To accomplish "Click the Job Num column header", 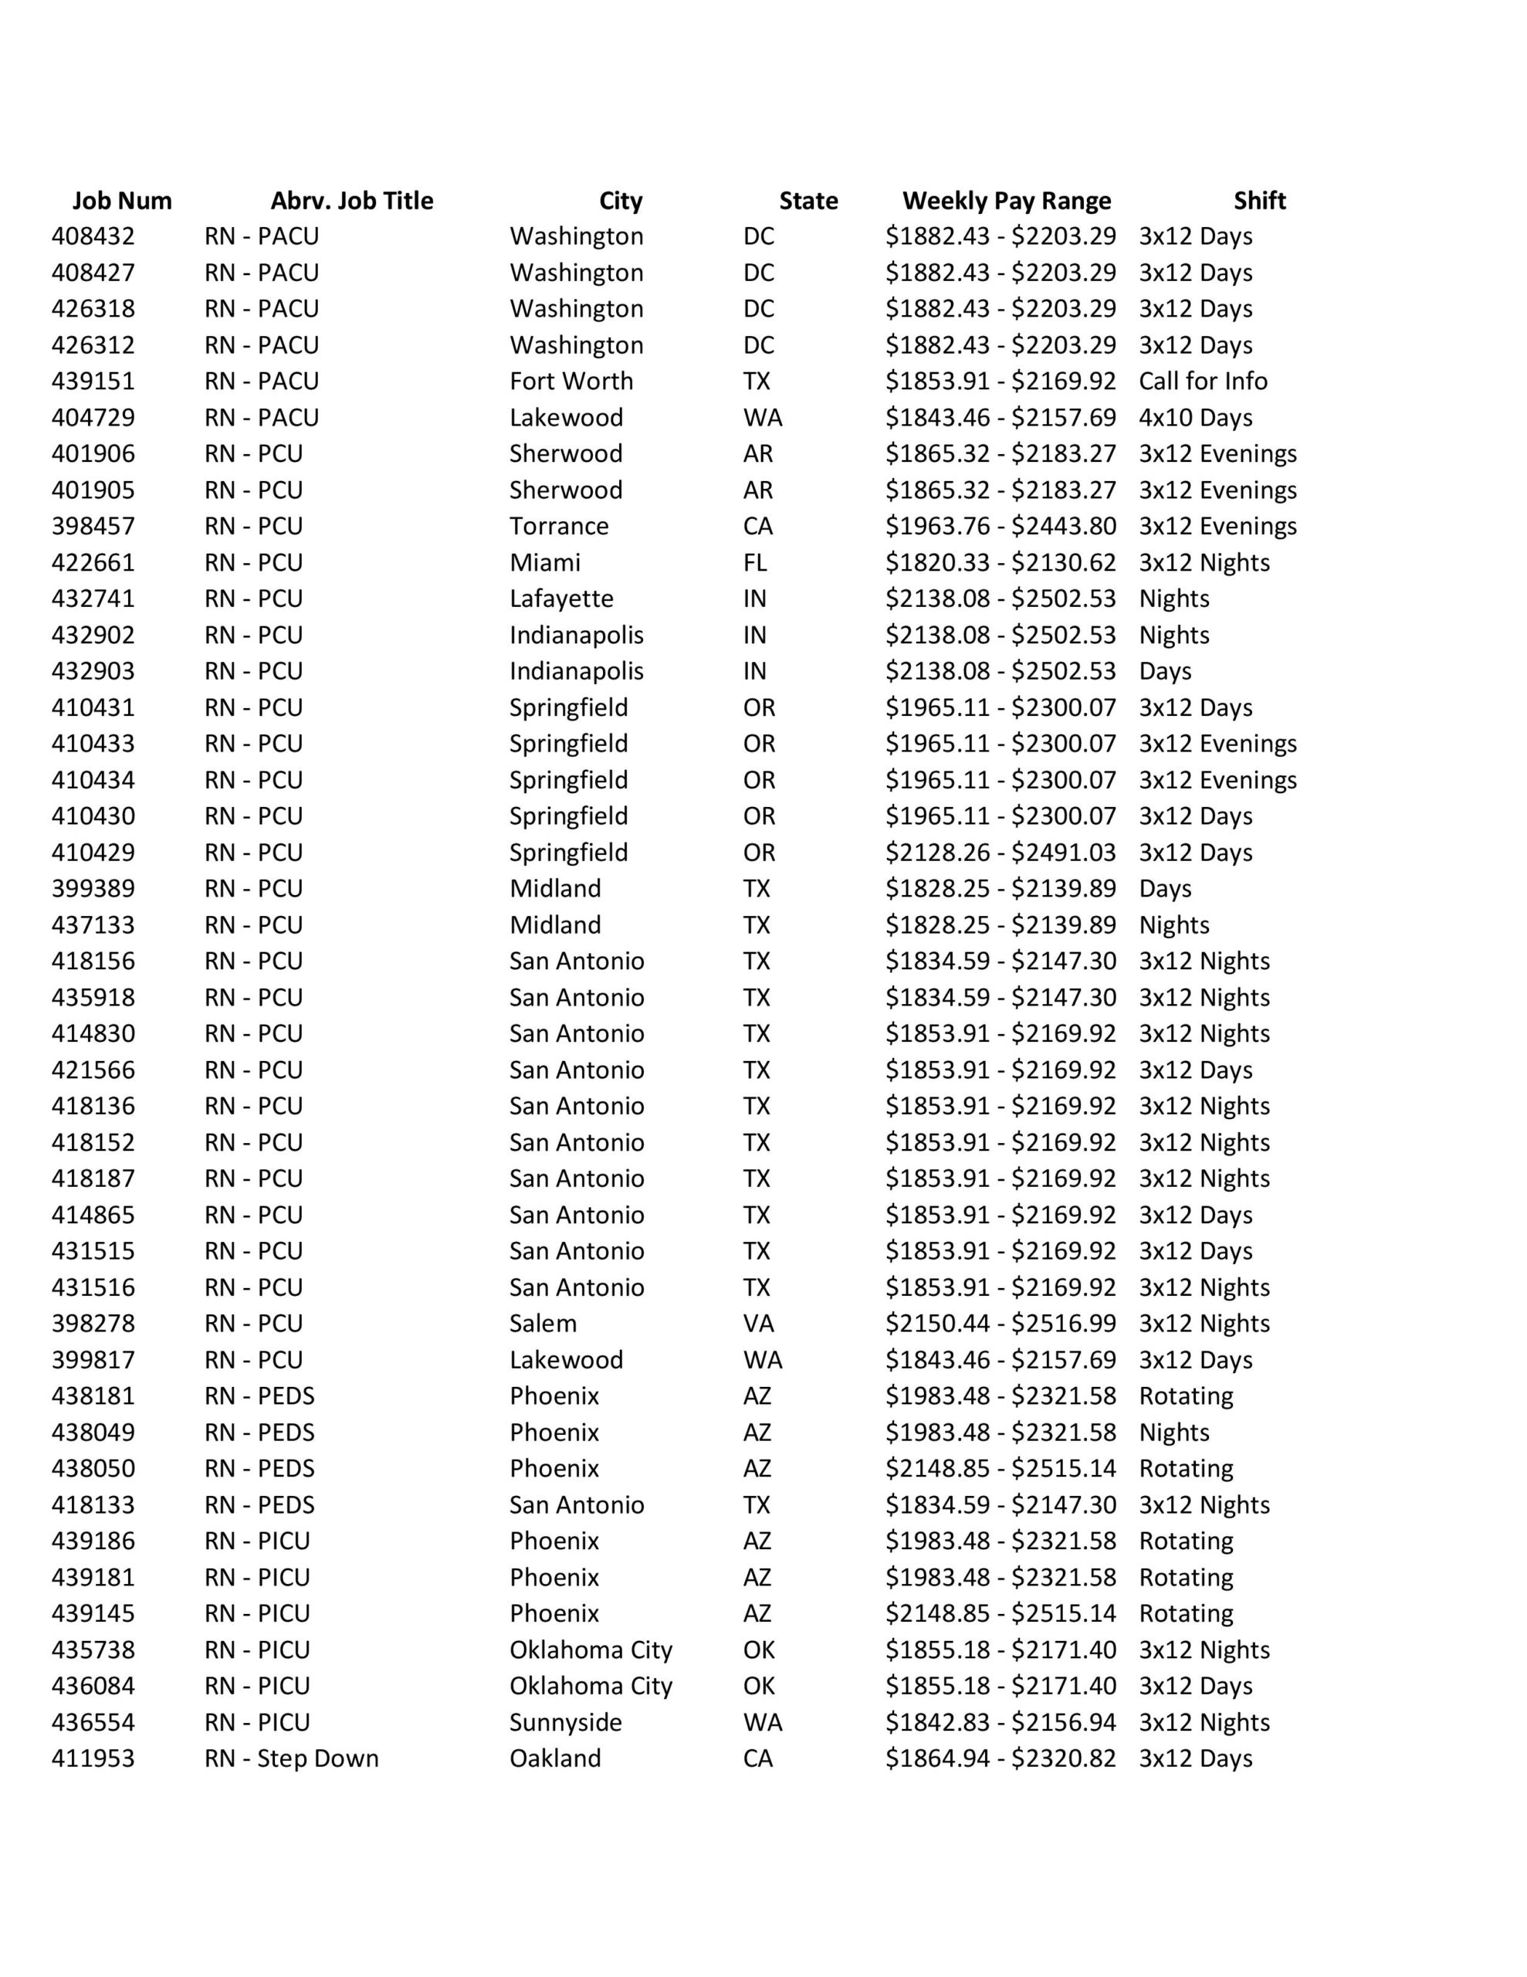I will pyautogui.click(x=122, y=201).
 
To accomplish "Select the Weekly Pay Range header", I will pyautogui.click(x=1007, y=201).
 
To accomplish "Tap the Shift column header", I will pyautogui.click(x=1259, y=201).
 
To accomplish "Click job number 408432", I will pyautogui.click(x=93, y=236).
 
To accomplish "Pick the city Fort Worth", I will pyautogui.click(x=571, y=381).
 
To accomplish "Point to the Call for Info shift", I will pyautogui.click(x=1203, y=381).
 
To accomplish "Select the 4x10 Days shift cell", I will pyautogui.click(x=1196, y=417).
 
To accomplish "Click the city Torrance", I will pyautogui.click(x=558, y=526).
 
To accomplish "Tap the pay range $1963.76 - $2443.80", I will pyautogui.click(x=1001, y=526).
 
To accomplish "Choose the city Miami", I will pyautogui.click(x=545, y=562).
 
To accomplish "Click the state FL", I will pyautogui.click(x=755, y=562).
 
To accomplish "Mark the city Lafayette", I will pyautogui.click(x=561, y=599).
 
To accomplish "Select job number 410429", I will pyautogui.click(x=93, y=853).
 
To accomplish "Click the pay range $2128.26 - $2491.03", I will pyautogui.click(x=1001, y=853).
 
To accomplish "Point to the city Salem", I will pyautogui.click(x=543, y=1324).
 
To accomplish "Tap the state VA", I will pyautogui.click(x=759, y=1324).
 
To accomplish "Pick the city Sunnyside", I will pyautogui.click(x=566, y=1721).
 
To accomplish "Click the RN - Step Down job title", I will pyautogui.click(x=292, y=1758).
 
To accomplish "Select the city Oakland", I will pyautogui.click(x=555, y=1758).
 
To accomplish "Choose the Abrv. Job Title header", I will pyautogui.click(x=352, y=201).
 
